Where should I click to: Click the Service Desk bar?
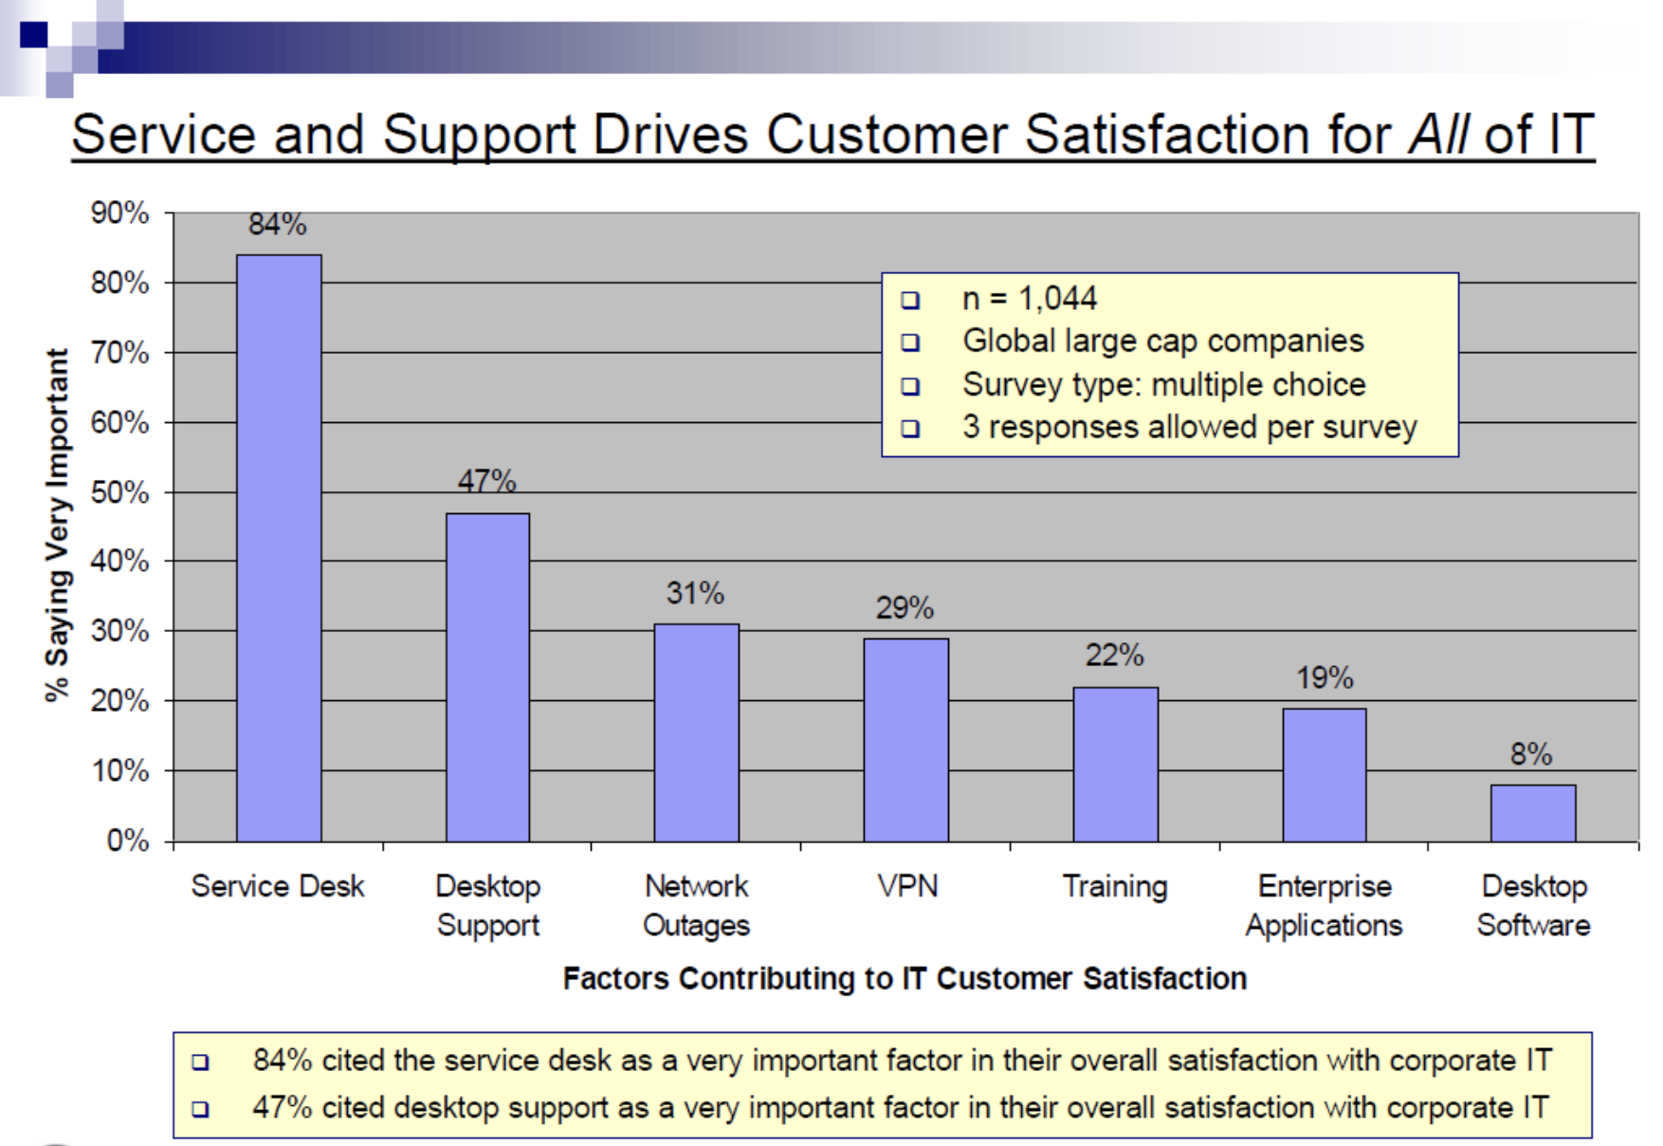pyautogui.click(x=279, y=548)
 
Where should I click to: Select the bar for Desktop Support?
pyautogui.click(x=487, y=677)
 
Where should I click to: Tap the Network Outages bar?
pyautogui.click(x=697, y=732)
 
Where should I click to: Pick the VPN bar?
pyautogui.click(x=905, y=740)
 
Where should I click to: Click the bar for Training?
pyautogui.click(x=1115, y=765)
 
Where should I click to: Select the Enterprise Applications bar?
pyautogui.click(x=1325, y=775)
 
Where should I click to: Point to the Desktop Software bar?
pyautogui.click(x=1533, y=813)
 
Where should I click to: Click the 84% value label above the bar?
pyautogui.click(x=277, y=225)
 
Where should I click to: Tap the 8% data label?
pyautogui.click(x=1531, y=754)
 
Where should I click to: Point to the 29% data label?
pyautogui.click(x=905, y=608)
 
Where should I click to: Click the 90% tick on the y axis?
pyautogui.click(x=119, y=213)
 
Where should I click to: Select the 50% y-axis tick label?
pyautogui.click(x=119, y=492)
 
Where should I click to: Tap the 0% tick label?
pyautogui.click(x=127, y=841)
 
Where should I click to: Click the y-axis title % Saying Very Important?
pyautogui.click(x=57, y=525)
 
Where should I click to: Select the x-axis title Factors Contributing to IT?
pyautogui.click(x=905, y=978)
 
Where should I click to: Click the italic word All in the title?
pyautogui.click(x=1439, y=135)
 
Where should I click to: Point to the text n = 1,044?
pyautogui.click(x=1029, y=299)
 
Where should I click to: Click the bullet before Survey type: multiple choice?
pyautogui.click(x=910, y=386)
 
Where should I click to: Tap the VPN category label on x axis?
pyautogui.click(x=907, y=886)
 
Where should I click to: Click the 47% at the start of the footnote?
pyautogui.click(x=282, y=1107)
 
